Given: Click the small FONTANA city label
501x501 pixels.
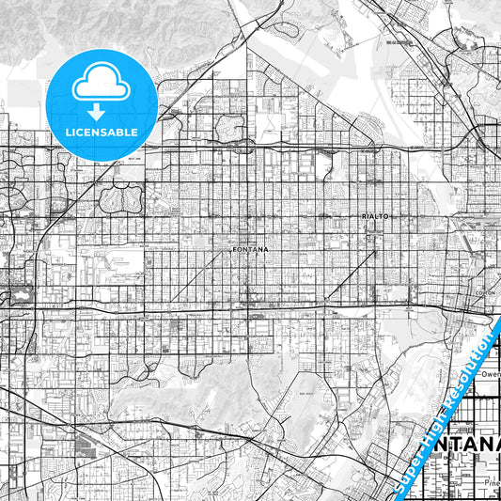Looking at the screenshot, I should click(250, 249).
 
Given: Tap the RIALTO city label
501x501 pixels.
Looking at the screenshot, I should click(374, 215).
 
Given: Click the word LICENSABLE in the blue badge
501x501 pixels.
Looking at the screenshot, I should click(101, 133).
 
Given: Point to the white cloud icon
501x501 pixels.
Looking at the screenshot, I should click(101, 82).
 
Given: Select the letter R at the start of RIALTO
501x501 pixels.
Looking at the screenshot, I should click(363, 215).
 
